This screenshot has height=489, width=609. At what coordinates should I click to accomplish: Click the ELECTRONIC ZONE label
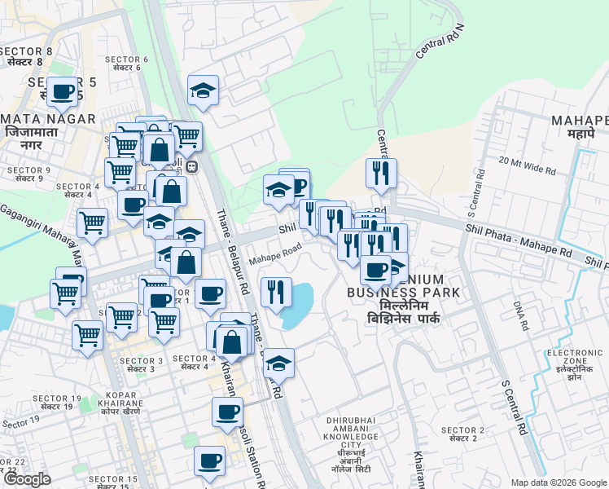pos(574,357)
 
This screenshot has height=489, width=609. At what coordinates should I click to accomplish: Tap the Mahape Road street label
pos(276,253)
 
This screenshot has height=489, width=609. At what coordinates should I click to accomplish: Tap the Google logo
pos(26,479)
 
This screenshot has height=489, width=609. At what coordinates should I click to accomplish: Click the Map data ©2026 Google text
pos(559,482)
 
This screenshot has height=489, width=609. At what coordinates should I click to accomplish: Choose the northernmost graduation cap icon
pos(203,91)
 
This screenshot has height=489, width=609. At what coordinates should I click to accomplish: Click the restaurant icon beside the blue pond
pos(276,292)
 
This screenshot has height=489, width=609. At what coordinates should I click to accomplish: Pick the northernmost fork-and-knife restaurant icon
pos(381,172)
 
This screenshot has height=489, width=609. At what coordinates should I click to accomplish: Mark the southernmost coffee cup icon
pos(209,461)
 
